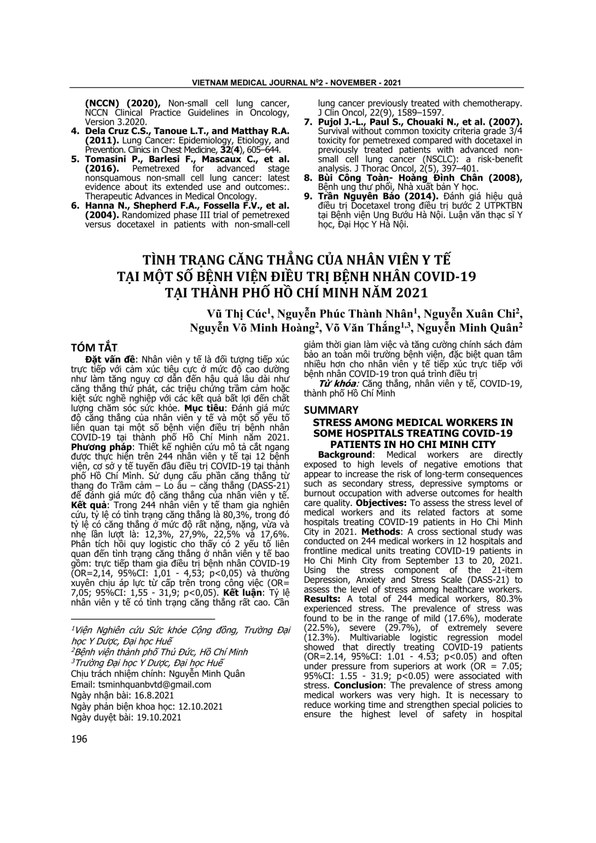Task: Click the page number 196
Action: [79, 739]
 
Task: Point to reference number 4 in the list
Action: [75, 131]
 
